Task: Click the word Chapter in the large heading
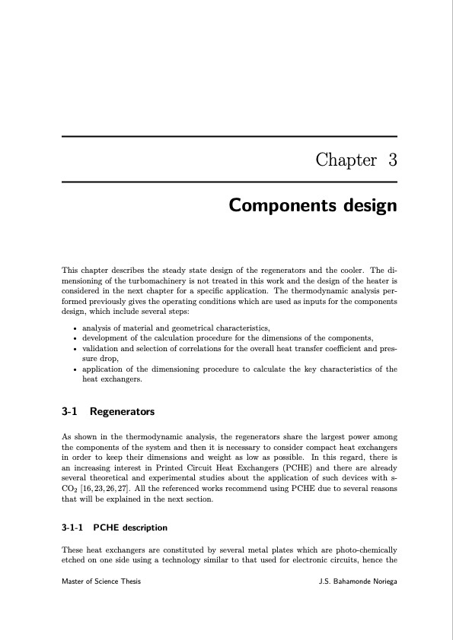click(x=346, y=160)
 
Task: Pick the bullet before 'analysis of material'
click(x=72, y=328)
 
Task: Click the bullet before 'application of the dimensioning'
click(x=72, y=369)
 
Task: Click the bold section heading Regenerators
click(x=122, y=412)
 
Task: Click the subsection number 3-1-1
click(x=73, y=527)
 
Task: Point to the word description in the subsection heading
click(x=145, y=527)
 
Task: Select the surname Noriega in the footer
click(x=379, y=581)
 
